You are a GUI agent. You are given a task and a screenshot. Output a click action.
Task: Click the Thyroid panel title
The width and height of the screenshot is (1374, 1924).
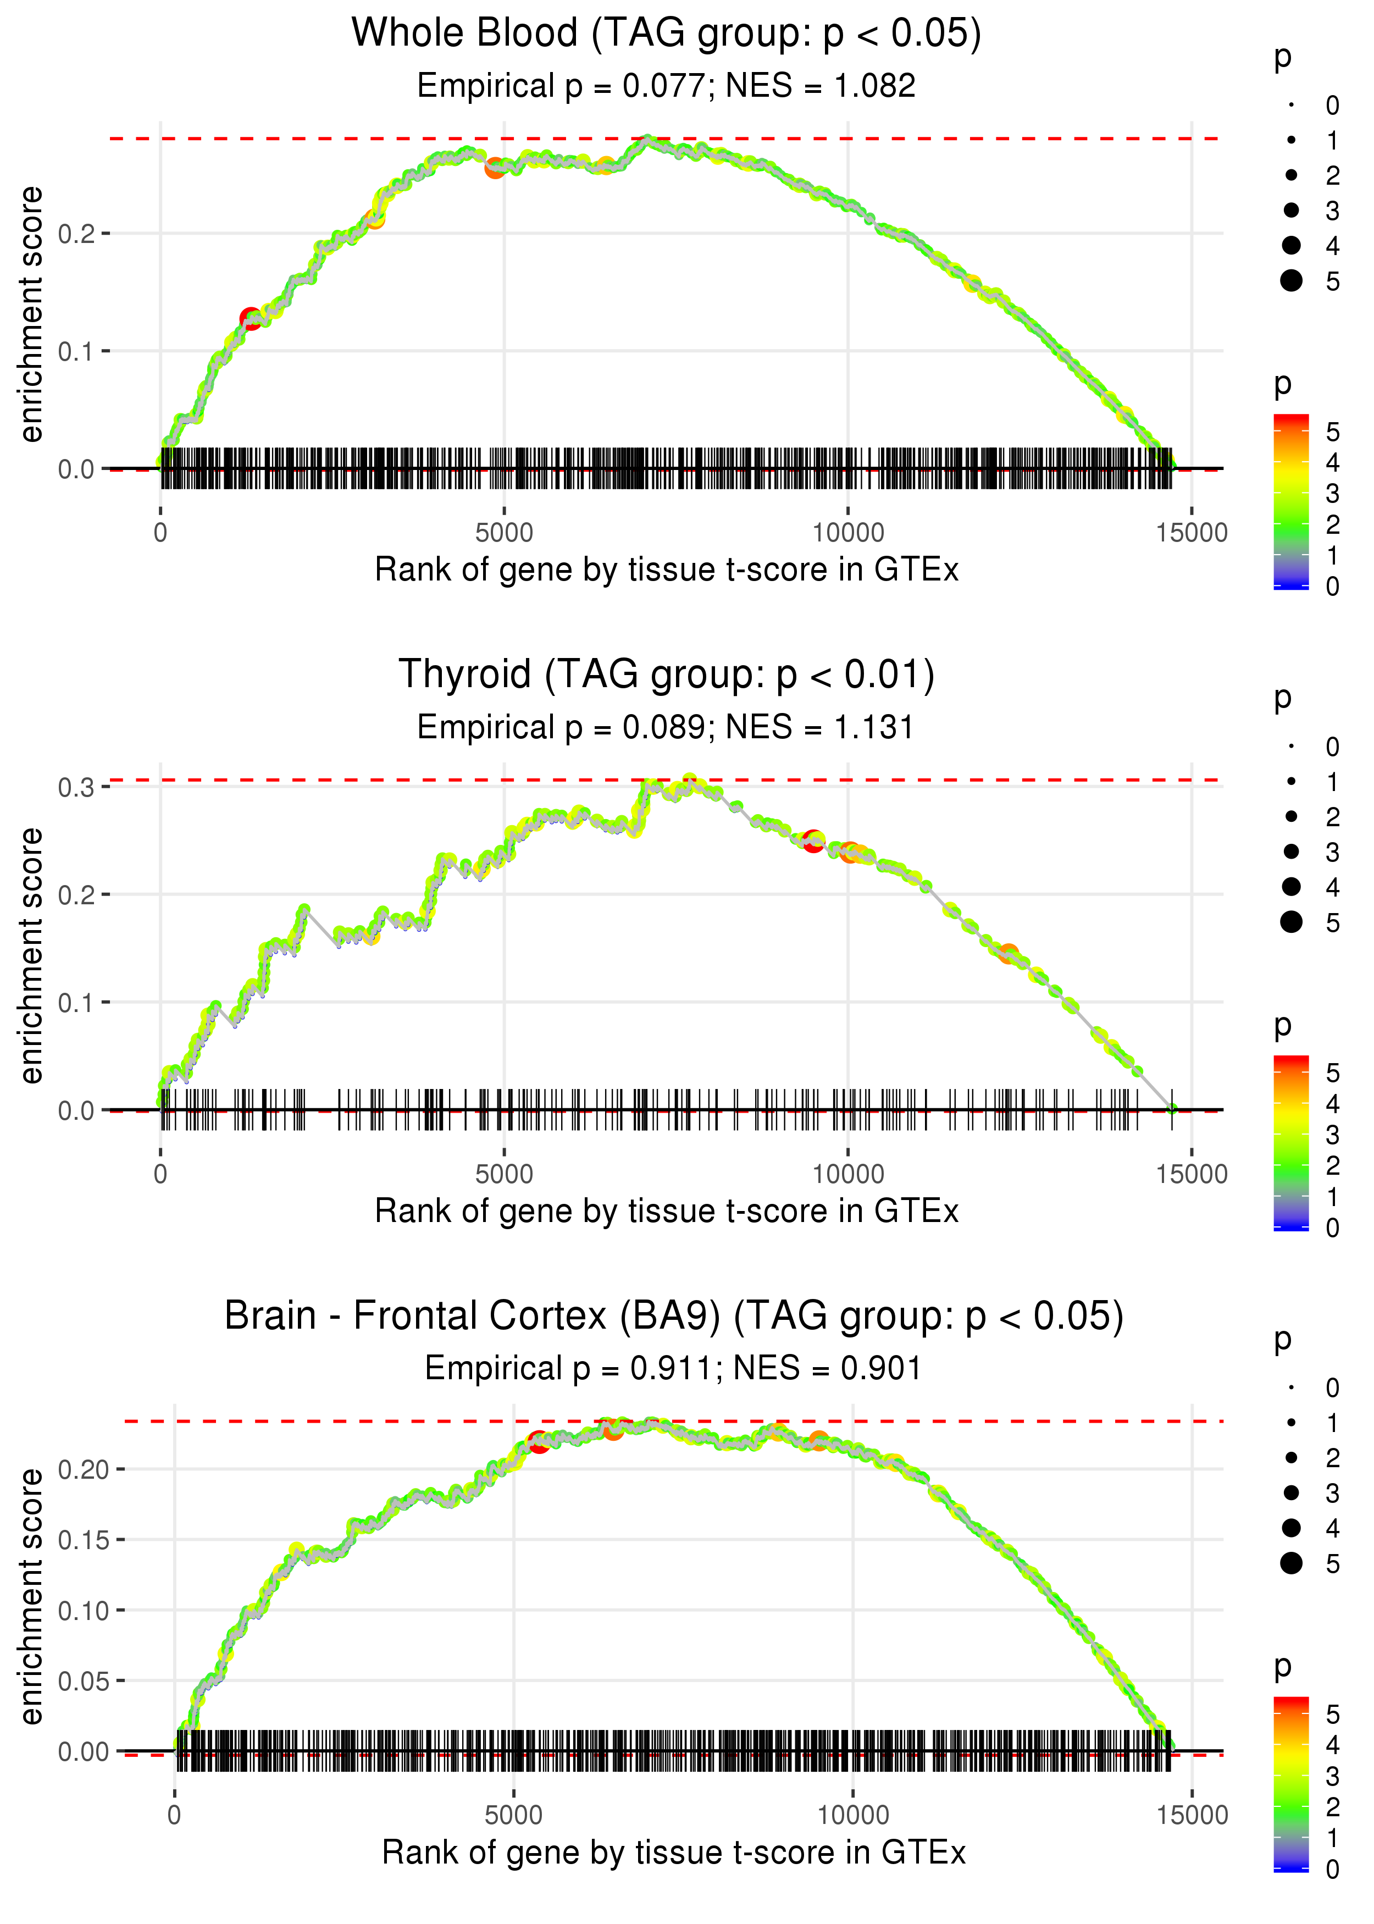(x=666, y=675)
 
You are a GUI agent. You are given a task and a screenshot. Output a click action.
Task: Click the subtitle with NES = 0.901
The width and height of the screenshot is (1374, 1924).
(x=673, y=1368)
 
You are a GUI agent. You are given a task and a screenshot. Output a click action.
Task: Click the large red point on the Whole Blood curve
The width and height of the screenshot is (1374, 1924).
(x=251, y=319)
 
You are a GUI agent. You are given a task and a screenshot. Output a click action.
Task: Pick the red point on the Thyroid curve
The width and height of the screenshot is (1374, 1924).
(x=813, y=842)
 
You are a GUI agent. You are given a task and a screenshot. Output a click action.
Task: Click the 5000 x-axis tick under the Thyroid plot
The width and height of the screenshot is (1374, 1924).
(x=504, y=1174)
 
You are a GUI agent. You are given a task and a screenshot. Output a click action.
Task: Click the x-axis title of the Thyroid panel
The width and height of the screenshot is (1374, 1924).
(x=666, y=1211)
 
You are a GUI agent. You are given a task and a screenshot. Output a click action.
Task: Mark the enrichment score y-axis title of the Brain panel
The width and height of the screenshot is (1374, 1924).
(x=31, y=1596)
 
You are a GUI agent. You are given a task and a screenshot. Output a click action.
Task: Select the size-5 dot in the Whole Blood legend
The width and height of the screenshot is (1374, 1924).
(x=1291, y=280)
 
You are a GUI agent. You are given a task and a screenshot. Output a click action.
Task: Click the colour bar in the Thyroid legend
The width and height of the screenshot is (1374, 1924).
(x=1290, y=1142)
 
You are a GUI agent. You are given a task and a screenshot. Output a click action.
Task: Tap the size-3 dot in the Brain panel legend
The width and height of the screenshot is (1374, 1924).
(x=1291, y=1492)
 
